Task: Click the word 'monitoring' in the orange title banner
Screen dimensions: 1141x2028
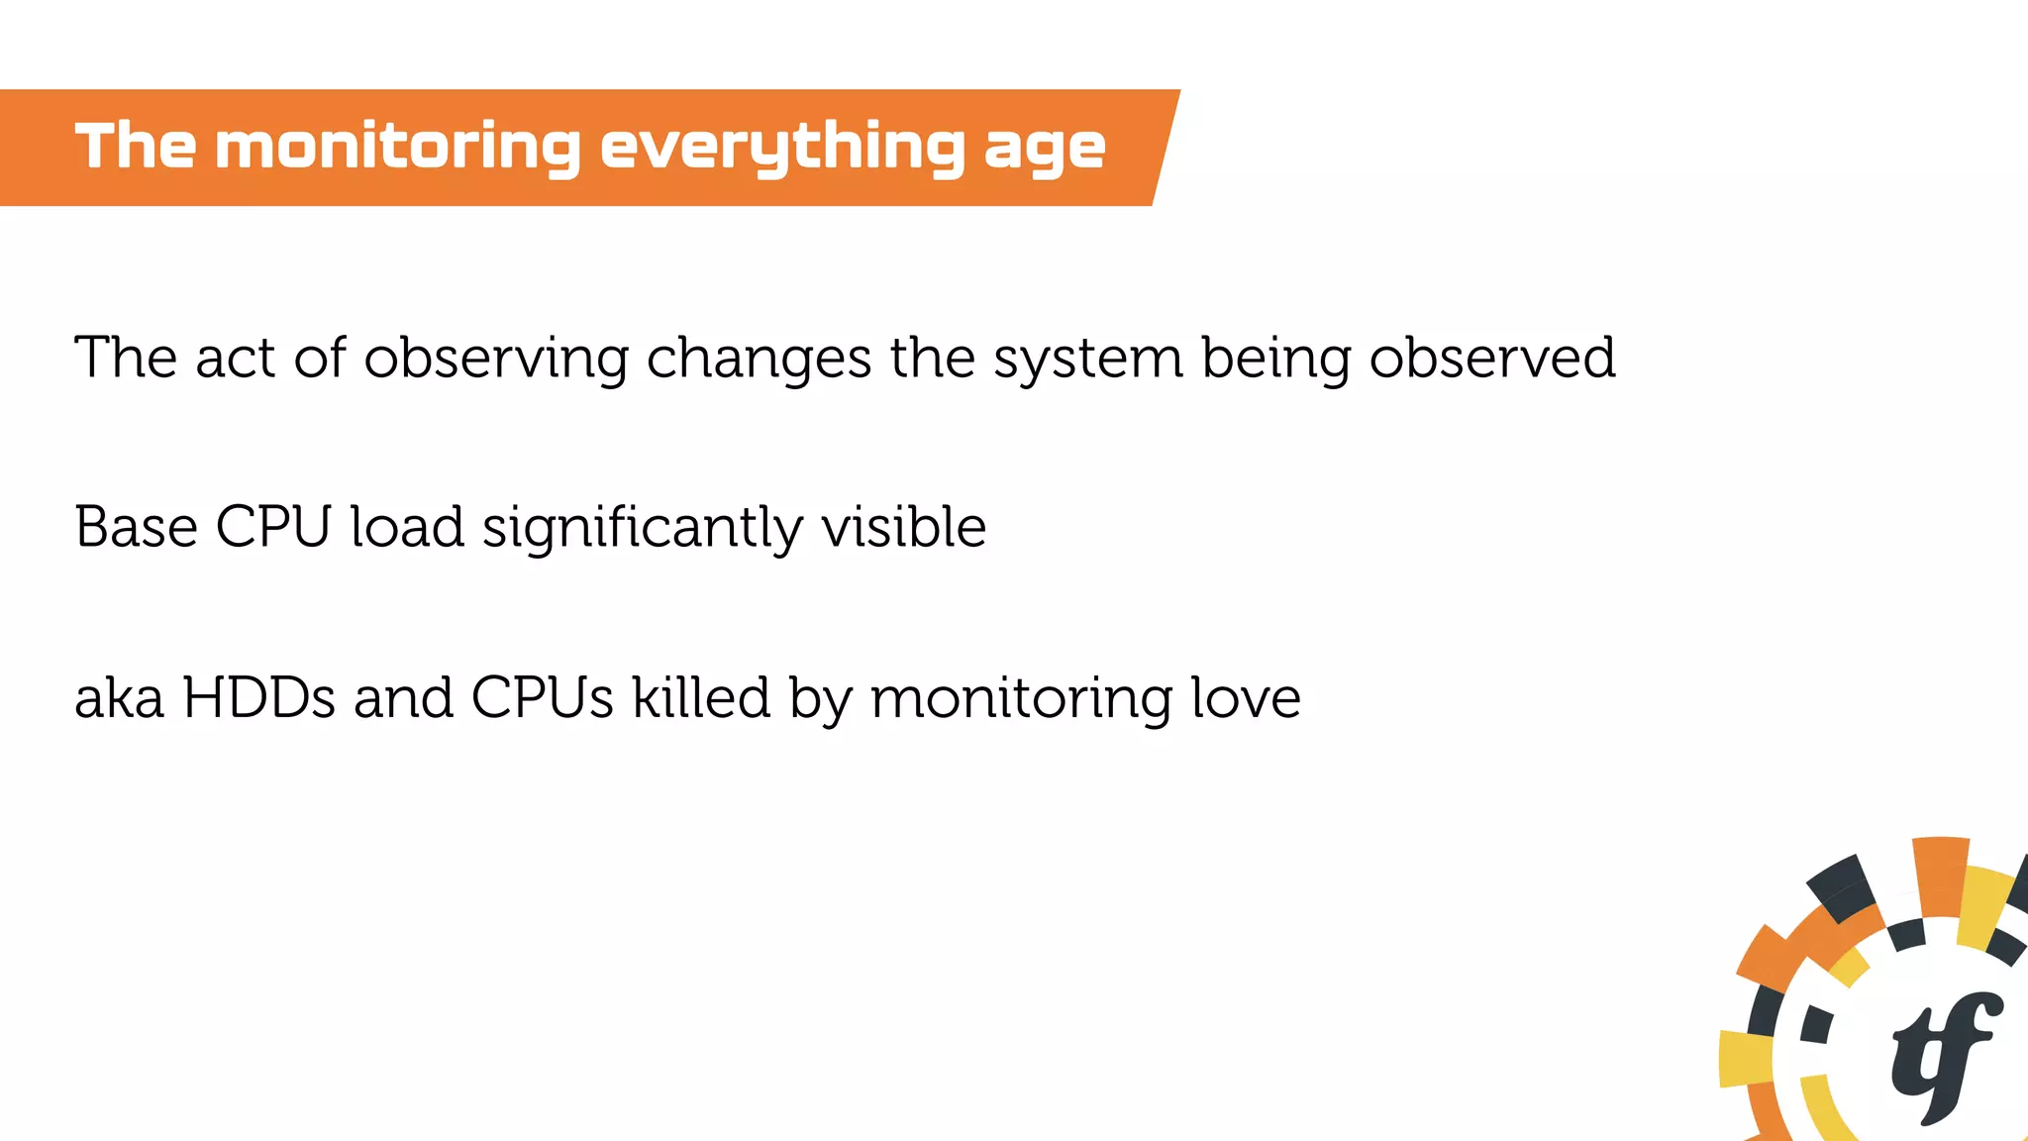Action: (x=397, y=147)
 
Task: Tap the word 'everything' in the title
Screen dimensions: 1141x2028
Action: (x=782, y=147)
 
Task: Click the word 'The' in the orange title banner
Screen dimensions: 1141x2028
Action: (x=136, y=147)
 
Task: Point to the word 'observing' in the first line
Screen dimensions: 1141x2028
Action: (x=496, y=359)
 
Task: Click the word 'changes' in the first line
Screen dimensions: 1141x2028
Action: (x=759, y=359)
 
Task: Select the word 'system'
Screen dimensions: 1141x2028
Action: (x=1088, y=359)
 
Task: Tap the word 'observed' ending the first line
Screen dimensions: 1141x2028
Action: (x=1492, y=359)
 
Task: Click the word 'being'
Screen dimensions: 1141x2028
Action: (x=1275, y=359)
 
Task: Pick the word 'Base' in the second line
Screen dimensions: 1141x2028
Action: (x=136, y=527)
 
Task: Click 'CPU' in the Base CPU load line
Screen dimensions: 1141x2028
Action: (x=272, y=527)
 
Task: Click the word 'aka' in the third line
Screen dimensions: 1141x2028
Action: (x=119, y=698)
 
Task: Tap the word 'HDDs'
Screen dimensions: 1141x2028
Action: (x=259, y=698)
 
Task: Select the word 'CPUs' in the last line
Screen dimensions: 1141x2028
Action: (x=542, y=698)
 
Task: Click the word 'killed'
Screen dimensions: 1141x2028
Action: (x=701, y=698)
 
